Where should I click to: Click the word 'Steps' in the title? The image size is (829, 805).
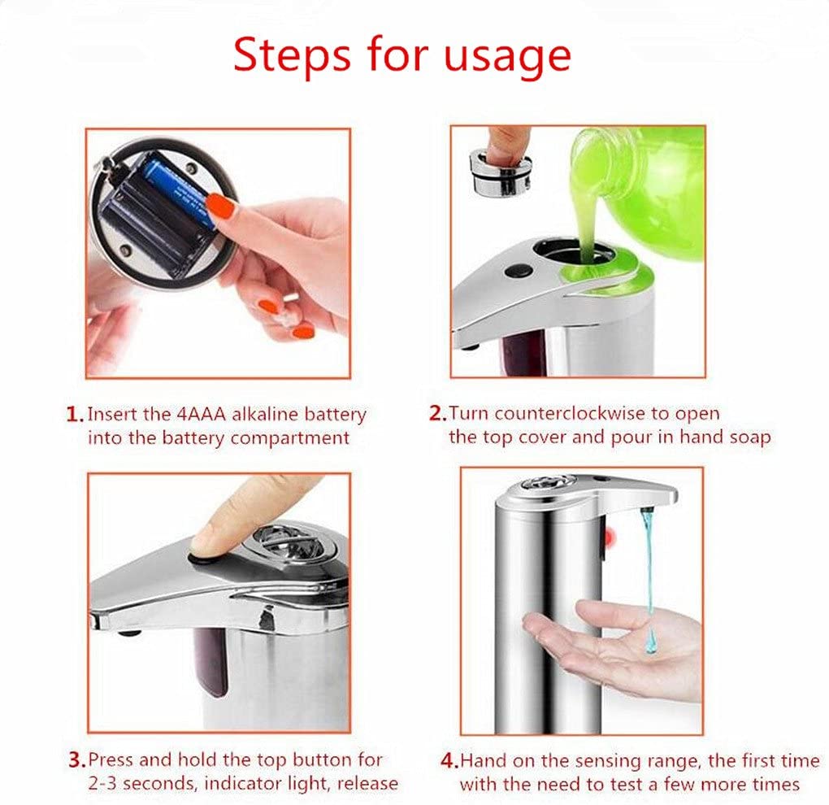pos(293,55)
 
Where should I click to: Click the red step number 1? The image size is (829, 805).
pos(74,415)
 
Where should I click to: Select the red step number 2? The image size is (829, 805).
pos(437,414)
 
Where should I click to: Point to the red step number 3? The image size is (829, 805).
pos(76,761)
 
